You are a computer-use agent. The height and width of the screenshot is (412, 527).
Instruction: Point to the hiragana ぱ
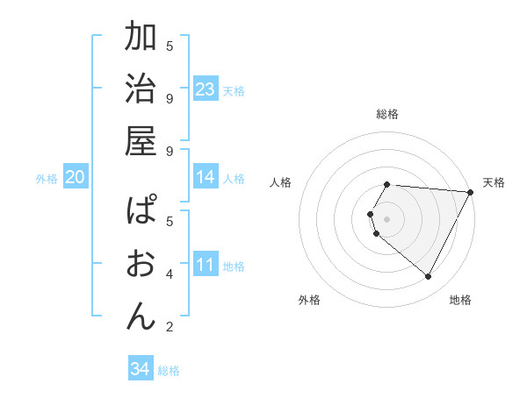click(x=141, y=211)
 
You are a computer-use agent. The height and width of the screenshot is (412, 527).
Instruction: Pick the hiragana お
click(x=141, y=264)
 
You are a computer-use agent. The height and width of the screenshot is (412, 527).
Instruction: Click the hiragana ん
click(x=141, y=316)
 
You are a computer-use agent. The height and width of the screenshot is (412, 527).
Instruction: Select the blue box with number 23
click(x=205, y=89)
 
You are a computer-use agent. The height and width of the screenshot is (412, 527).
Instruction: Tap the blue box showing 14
click(x=205, y=177)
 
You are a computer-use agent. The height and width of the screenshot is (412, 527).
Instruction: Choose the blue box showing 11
click(x=205, y=265)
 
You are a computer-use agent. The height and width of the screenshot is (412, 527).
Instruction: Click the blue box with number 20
click(x=75, y=177)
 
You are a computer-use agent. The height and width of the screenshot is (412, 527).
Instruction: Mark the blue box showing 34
click(x=140, y=369)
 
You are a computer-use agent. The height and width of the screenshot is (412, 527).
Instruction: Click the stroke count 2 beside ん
click(x=170, y=328)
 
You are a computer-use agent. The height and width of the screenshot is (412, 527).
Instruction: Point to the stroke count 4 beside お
click(x=170, y=273)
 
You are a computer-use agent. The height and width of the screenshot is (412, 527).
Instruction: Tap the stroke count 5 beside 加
click(x=170, y=46)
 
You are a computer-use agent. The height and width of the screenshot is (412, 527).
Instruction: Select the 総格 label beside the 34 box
click(x=169, y=371)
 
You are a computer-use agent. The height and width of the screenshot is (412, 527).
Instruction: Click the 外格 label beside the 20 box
click(x=47, y=179)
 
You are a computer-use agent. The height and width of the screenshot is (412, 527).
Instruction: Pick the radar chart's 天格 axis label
click(x=494, y=182)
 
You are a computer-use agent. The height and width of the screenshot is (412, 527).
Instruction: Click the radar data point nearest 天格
click(x=470, y=192)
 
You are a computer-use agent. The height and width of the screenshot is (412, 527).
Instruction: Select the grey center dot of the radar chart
click(x=387, y=218)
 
